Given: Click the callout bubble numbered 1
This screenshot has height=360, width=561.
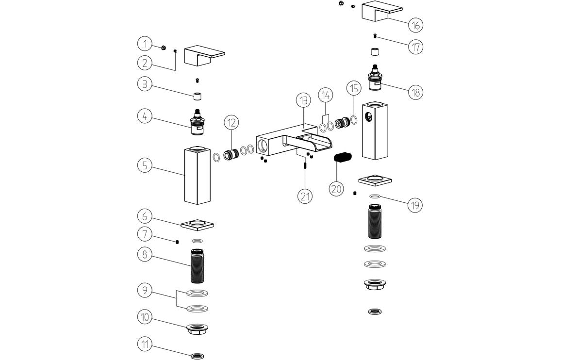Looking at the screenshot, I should point(145,44).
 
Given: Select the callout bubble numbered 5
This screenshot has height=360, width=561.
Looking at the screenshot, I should point(145,165).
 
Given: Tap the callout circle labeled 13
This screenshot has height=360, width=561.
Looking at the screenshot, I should point(303,100).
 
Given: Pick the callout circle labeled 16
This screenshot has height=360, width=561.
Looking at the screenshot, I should point(415,24).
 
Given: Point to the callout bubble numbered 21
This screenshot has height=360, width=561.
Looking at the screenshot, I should point(305,196).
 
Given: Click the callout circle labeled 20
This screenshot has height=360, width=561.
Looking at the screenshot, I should point(336,188).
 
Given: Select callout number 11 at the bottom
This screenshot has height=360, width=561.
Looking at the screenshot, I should point(145,345).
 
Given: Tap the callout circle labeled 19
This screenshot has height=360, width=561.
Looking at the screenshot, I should point(414,205).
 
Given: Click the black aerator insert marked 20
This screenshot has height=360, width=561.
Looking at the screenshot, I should point(342,158).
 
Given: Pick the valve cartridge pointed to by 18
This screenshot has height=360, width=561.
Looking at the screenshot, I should point(375,79).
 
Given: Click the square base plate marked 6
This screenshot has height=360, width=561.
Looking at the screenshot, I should point(198,225).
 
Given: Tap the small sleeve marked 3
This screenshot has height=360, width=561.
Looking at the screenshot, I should point(198,96).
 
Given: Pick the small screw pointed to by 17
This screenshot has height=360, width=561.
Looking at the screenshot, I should point(375,36).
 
